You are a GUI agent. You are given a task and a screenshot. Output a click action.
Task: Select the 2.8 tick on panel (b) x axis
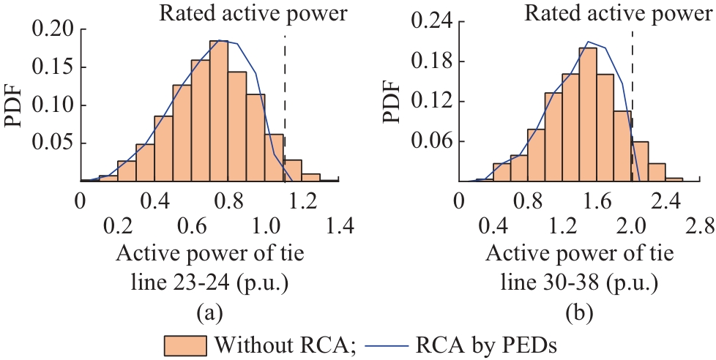(701, 228)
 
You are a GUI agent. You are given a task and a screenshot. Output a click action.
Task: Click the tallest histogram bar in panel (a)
(219, 110)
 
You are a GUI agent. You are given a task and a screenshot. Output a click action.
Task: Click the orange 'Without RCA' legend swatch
(186, 343)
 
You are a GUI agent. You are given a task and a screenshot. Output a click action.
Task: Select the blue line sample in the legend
(384, 343)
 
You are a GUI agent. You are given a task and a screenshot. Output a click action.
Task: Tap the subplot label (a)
(209, 313)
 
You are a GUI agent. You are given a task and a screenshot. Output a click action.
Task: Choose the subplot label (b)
(575, 313)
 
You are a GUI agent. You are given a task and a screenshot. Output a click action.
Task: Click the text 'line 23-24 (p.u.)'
(209, 282)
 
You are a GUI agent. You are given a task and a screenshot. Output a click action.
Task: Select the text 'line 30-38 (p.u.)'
(574, 282)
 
